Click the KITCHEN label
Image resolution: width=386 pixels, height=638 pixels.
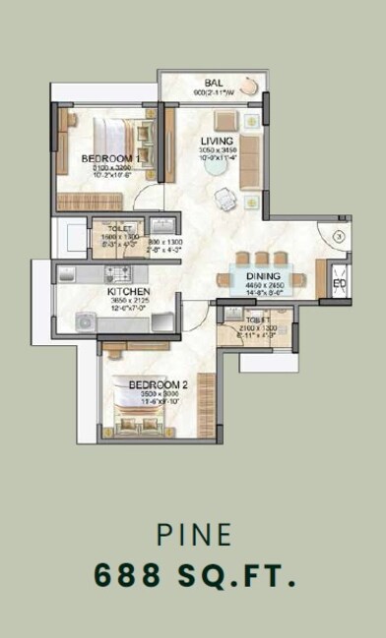click(x=129, y=293)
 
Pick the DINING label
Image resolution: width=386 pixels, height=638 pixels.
click(x=264, y=277)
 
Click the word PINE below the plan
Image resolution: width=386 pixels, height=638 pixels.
click(x=193, y=536)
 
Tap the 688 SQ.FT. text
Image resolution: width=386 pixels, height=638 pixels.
click(x=193, y=576)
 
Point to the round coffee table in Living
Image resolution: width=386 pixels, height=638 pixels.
click(x=214, y=164)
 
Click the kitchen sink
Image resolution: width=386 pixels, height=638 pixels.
click(x=85, y=320)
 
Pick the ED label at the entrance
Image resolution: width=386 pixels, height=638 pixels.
click(x=340, y=285)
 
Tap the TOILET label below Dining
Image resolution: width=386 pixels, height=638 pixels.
click(x=255, y=320)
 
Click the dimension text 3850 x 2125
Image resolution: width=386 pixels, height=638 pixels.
click(x=129, y=302)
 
